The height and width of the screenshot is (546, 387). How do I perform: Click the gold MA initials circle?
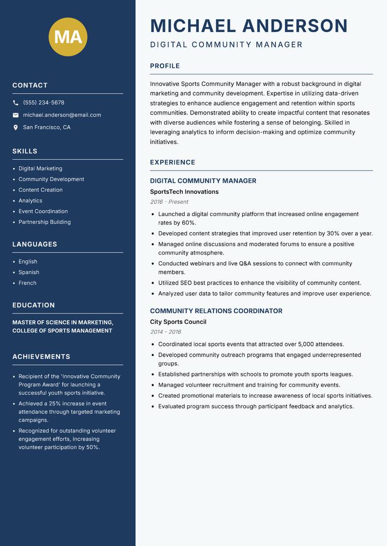[x=68, y=37]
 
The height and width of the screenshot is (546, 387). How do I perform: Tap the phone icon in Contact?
[x=15, y=103]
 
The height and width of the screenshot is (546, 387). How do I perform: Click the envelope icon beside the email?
[x=15, y=115]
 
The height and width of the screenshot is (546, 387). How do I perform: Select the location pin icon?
[x=15, y=128]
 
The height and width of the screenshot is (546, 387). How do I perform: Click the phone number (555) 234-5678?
[x=44, y=103]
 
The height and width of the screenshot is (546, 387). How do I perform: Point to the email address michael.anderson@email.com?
[x=62, y=115]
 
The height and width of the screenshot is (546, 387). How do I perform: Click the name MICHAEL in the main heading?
[x=193, y=26]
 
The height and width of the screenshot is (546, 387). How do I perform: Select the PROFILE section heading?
[x=165, y=66]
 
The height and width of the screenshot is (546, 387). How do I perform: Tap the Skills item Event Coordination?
[x=43, y=211]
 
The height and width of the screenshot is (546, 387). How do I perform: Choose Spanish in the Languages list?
[x=29, y=273]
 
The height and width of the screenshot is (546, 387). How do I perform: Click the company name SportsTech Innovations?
[x=184, y=192]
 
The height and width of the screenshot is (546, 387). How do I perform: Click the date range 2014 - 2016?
[x=165, y=332]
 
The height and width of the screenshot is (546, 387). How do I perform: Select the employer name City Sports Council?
[x=178, y=322]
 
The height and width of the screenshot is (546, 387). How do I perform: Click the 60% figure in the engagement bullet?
[x=188, y=223]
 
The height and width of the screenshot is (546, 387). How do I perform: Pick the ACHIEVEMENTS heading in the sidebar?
[x=41, y=357]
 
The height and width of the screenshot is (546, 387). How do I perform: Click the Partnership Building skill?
[x=45, y=222]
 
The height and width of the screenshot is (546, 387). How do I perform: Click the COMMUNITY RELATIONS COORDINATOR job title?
[x=216, y=311]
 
